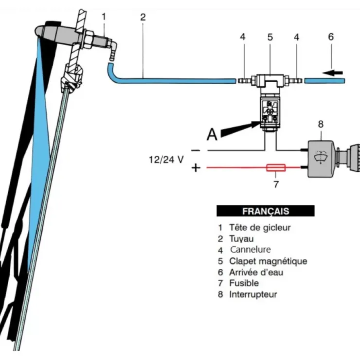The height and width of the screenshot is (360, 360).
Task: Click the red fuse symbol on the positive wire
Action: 276,168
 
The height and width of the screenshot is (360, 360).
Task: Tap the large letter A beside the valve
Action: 212,134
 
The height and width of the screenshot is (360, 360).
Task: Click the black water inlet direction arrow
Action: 333,73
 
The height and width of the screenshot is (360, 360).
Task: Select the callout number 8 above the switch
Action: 321,124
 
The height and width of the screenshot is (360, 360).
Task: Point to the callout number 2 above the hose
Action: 143,17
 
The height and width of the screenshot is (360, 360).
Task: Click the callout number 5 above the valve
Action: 270,37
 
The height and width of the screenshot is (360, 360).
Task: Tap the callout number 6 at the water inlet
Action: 331,36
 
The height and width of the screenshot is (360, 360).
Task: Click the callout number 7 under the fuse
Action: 276,184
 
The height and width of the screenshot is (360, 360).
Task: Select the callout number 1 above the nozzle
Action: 104,17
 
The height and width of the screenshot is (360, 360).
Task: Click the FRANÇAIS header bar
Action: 266,211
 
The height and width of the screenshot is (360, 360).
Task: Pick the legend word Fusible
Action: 244,283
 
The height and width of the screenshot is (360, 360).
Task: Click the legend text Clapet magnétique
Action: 268,261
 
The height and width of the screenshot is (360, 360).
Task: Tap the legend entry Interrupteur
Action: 253,294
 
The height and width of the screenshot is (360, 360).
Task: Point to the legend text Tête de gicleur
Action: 260,228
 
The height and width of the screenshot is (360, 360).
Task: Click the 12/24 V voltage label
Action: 166,160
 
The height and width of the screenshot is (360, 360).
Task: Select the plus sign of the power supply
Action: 196,168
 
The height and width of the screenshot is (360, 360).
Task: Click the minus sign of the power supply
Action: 196,151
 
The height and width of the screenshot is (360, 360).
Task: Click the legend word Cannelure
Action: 251,250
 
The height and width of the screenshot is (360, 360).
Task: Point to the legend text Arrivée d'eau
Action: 256,272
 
